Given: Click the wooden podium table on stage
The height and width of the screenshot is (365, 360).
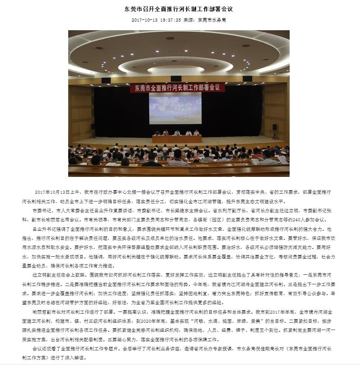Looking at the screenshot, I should click(x=177, y=139).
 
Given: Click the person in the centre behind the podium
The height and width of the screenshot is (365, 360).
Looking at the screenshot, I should click(x=177, y=133).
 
